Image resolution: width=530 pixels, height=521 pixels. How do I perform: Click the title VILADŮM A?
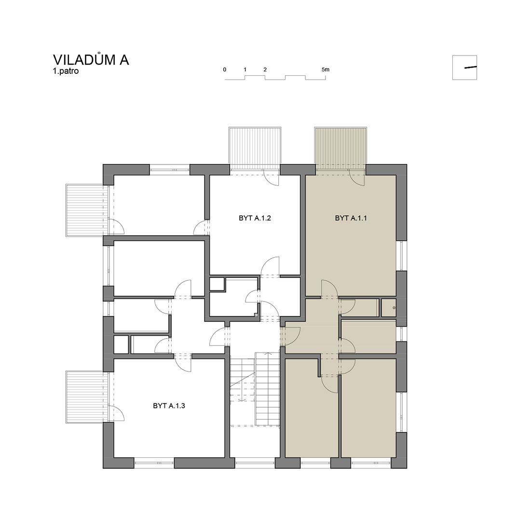click(x=91, y=59)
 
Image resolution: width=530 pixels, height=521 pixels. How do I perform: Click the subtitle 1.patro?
click(x=66, y=71)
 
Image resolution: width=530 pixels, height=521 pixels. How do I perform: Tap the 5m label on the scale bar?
click(x=325, y=69)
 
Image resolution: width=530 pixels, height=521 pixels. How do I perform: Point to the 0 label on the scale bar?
click(x=225, y=69)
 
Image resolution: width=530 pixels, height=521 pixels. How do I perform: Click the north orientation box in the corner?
click(x=464, y=68)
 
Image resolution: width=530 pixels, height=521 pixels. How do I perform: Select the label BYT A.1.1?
click(x=351, y=218)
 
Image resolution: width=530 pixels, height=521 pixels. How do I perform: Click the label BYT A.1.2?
click(x=255, y=218)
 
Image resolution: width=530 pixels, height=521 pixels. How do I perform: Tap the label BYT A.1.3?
click(x=169, y=406)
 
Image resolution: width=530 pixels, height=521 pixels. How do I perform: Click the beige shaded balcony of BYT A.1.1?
click(x=340, y=148)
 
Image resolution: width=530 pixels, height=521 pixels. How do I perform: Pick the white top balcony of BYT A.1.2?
click(x=255, y=148)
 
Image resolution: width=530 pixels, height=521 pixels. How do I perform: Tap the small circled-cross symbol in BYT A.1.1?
click(x=394, y=308)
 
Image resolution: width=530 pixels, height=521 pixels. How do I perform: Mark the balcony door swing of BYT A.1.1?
click(x=357, y=178)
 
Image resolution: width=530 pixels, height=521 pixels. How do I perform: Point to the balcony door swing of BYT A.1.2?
click(x=272, y=178)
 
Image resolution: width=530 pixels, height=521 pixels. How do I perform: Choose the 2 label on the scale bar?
click(x=265, y=69)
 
